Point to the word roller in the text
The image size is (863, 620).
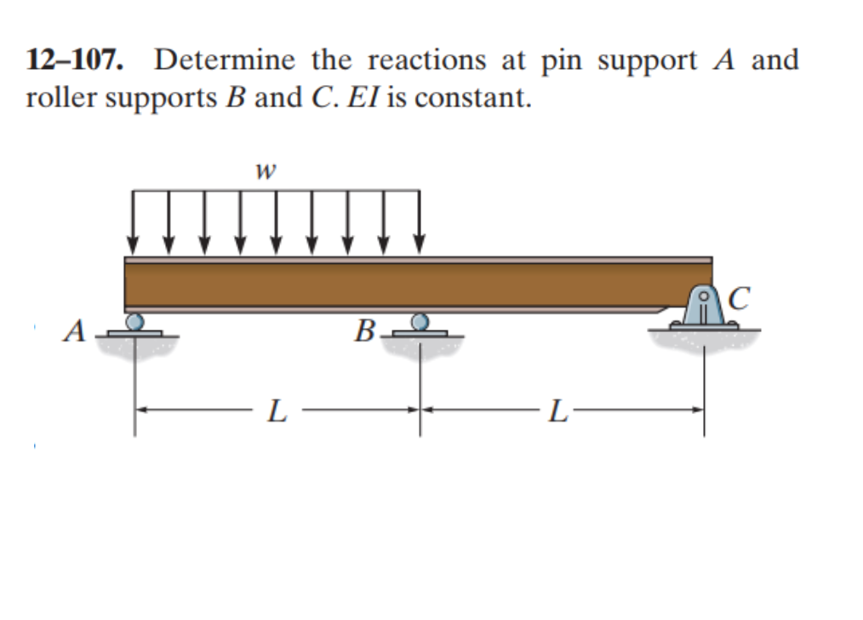(x=53, y=98)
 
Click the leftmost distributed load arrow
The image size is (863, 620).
(x=134, y=220)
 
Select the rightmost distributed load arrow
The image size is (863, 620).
(x=419, y=220)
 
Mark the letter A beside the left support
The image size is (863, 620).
(x=76, y=330)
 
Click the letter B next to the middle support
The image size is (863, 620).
(x=363, y=330)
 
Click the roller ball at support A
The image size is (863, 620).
(x=134, y=321)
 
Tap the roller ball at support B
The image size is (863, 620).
(x=419, y=321)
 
